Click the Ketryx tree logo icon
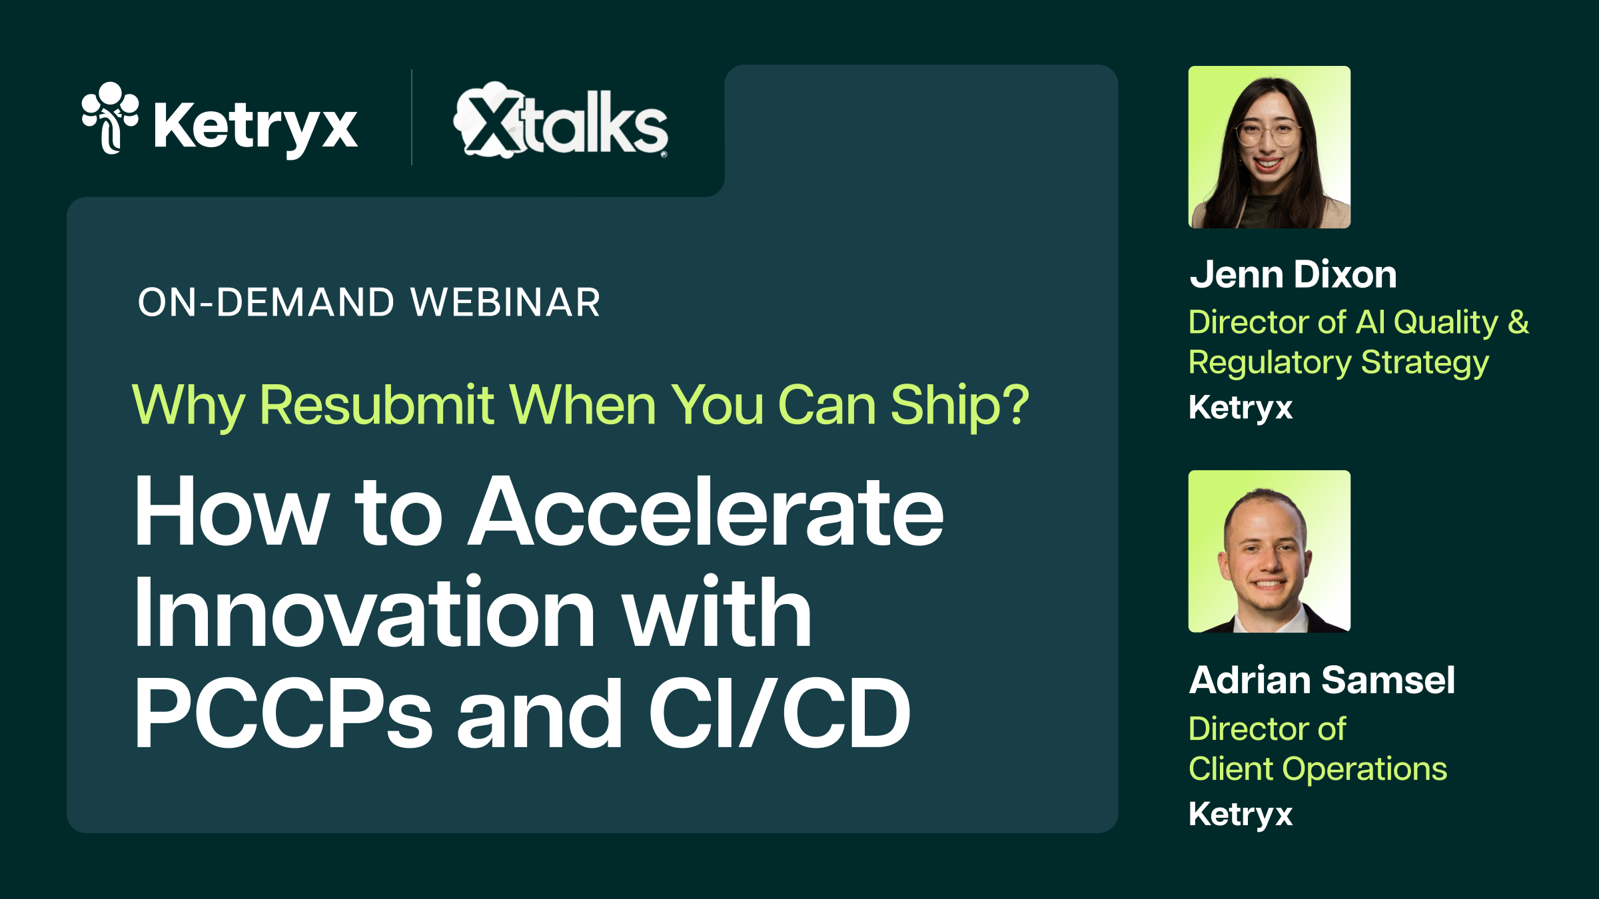[110, 118]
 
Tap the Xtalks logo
[561, 121]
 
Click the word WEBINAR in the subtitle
[506, 303]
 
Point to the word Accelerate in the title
[706, 513]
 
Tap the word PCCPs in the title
[283, 714]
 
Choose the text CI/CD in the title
[780, 714]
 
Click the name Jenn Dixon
[1293, 275]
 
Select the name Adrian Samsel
[1322, 681]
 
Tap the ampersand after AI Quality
[1518, 322]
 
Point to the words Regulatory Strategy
[1338, 364]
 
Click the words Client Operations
[1318, 769]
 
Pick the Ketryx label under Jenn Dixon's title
[1241, 408]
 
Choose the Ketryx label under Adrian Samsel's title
[1241, 814]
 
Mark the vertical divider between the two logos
[412, 117]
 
